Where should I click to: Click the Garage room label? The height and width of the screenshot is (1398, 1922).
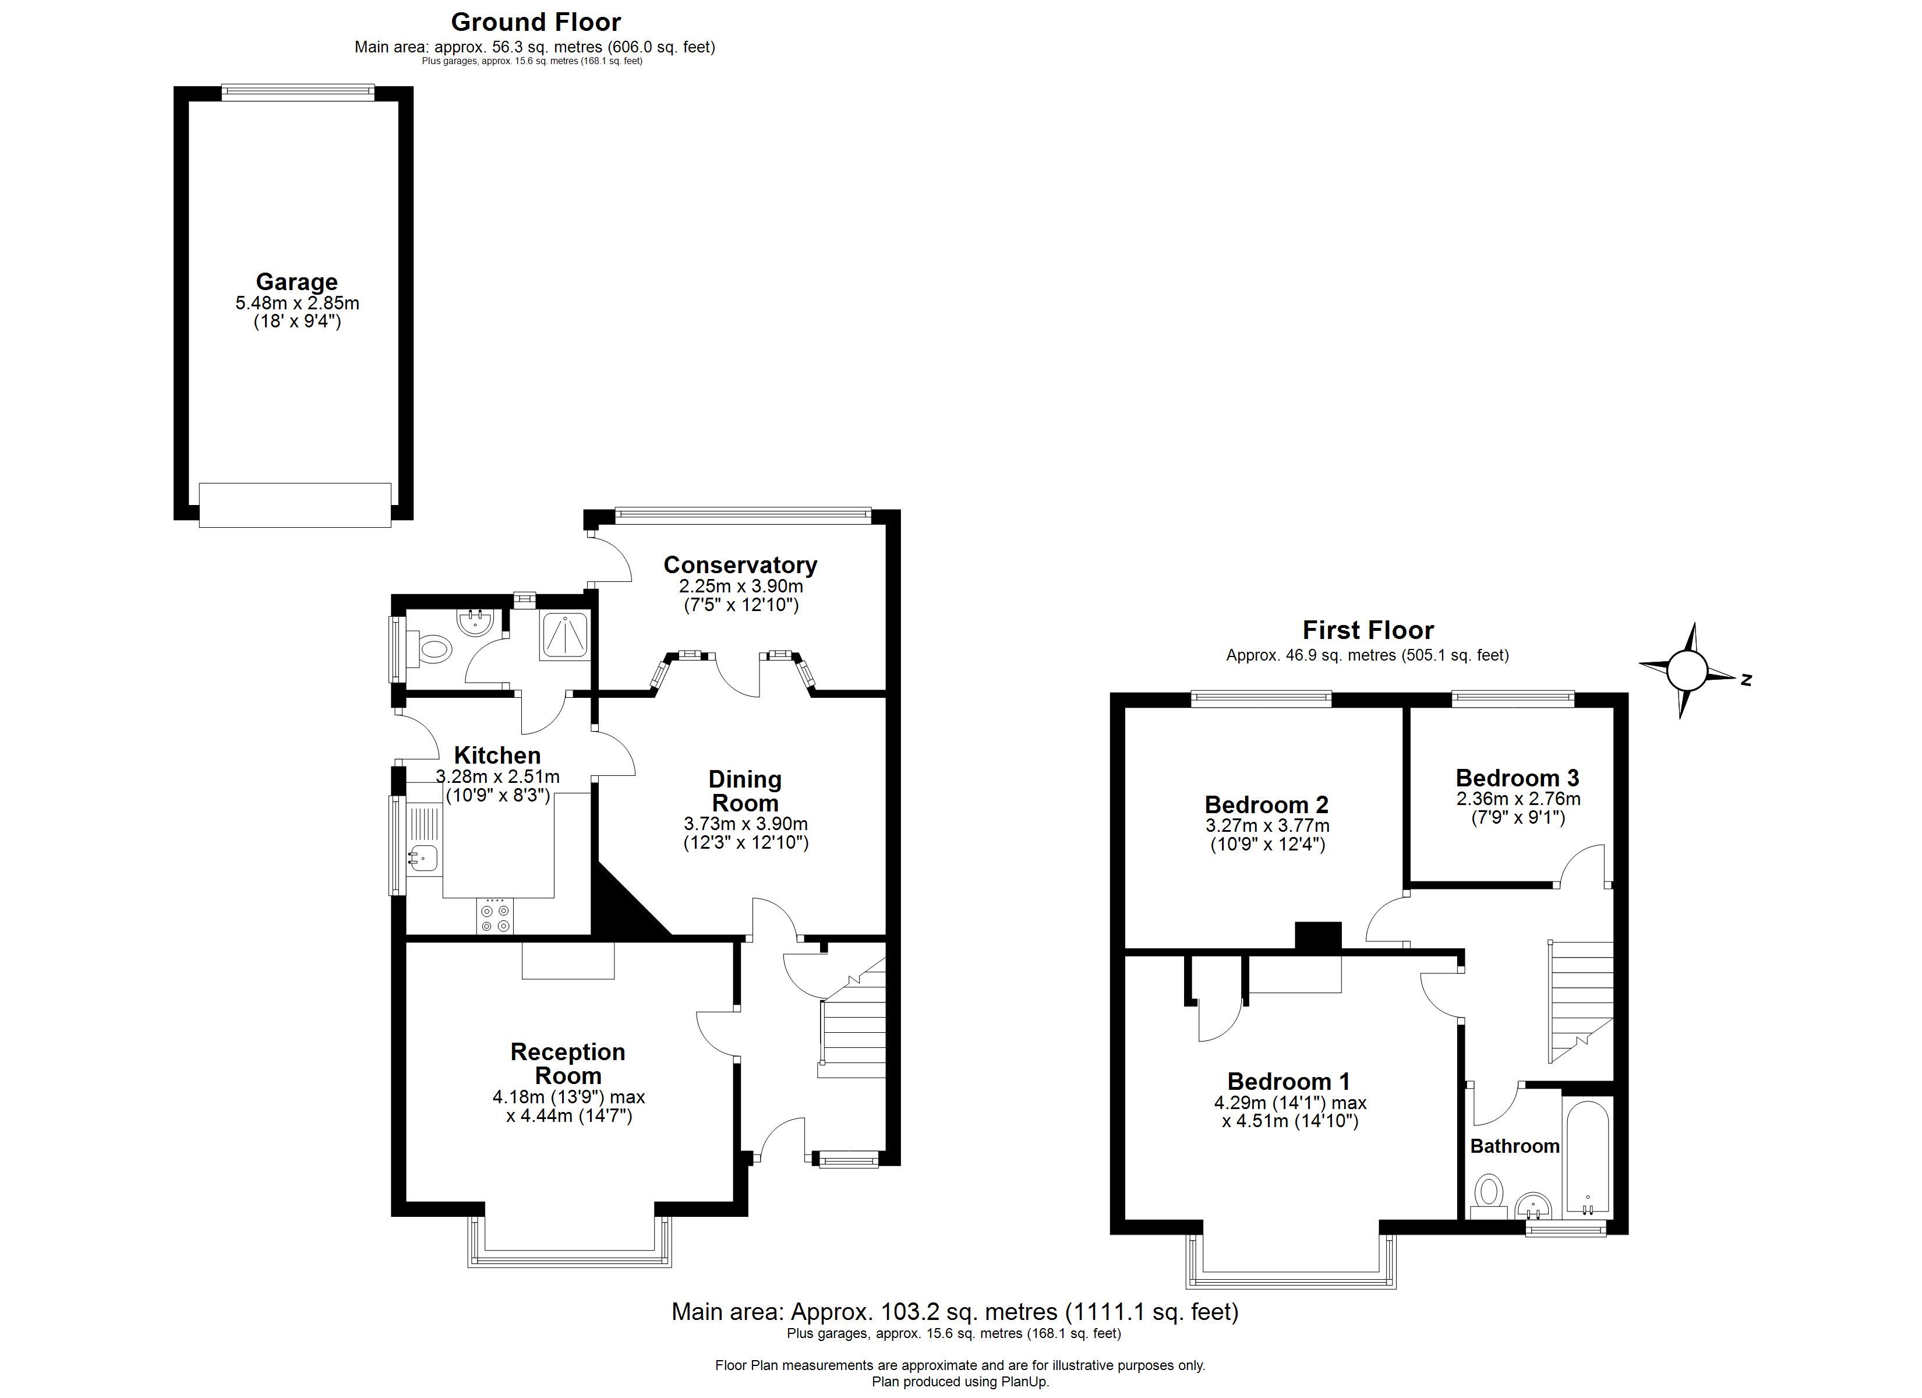296,281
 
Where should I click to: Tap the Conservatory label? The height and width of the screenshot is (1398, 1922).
740,564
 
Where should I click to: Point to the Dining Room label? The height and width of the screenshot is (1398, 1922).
745,791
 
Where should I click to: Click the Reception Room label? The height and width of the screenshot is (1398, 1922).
568,1063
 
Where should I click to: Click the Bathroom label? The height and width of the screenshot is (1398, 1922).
1514,1146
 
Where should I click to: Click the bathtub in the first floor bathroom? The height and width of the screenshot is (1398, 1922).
1587,1158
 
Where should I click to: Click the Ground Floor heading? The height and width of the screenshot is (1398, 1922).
536,21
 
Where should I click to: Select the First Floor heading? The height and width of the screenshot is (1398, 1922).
1368,630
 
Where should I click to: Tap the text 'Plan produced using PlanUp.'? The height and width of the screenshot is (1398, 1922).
960,1382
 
